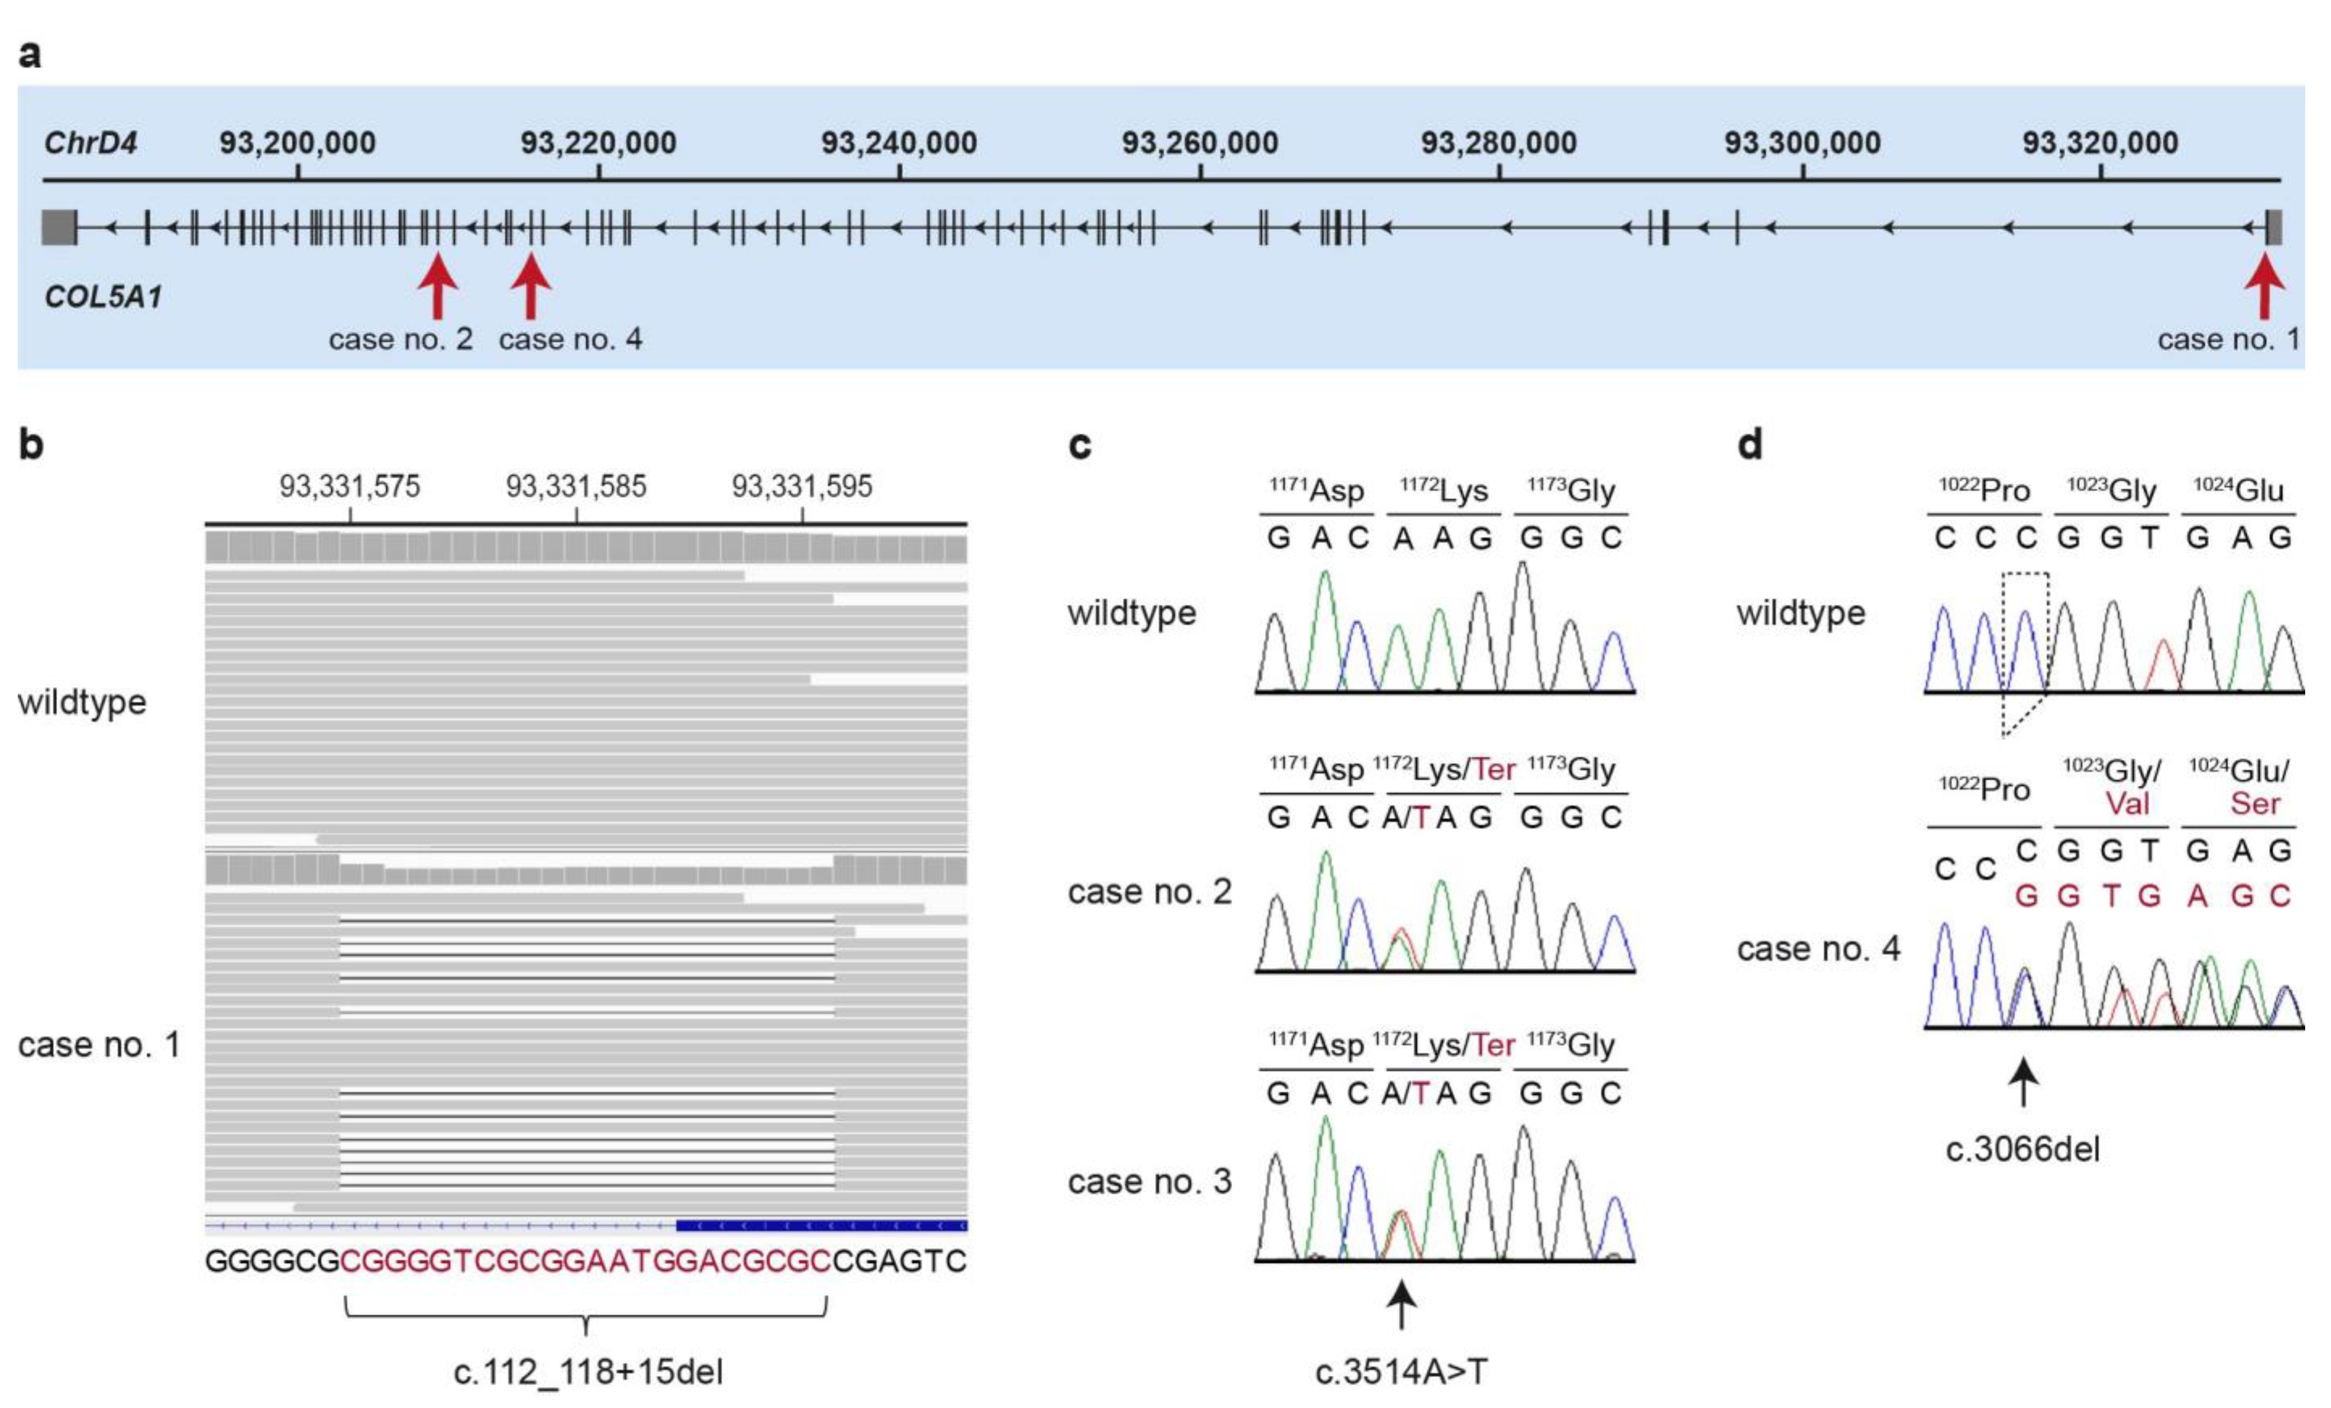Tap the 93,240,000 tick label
pos(899,143)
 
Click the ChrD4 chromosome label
pos(90,143)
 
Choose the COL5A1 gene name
pos(103,297)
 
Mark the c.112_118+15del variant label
pos(587,1371)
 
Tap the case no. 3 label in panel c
pos(1149,1181)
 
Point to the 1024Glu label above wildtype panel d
pos(2238,490)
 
